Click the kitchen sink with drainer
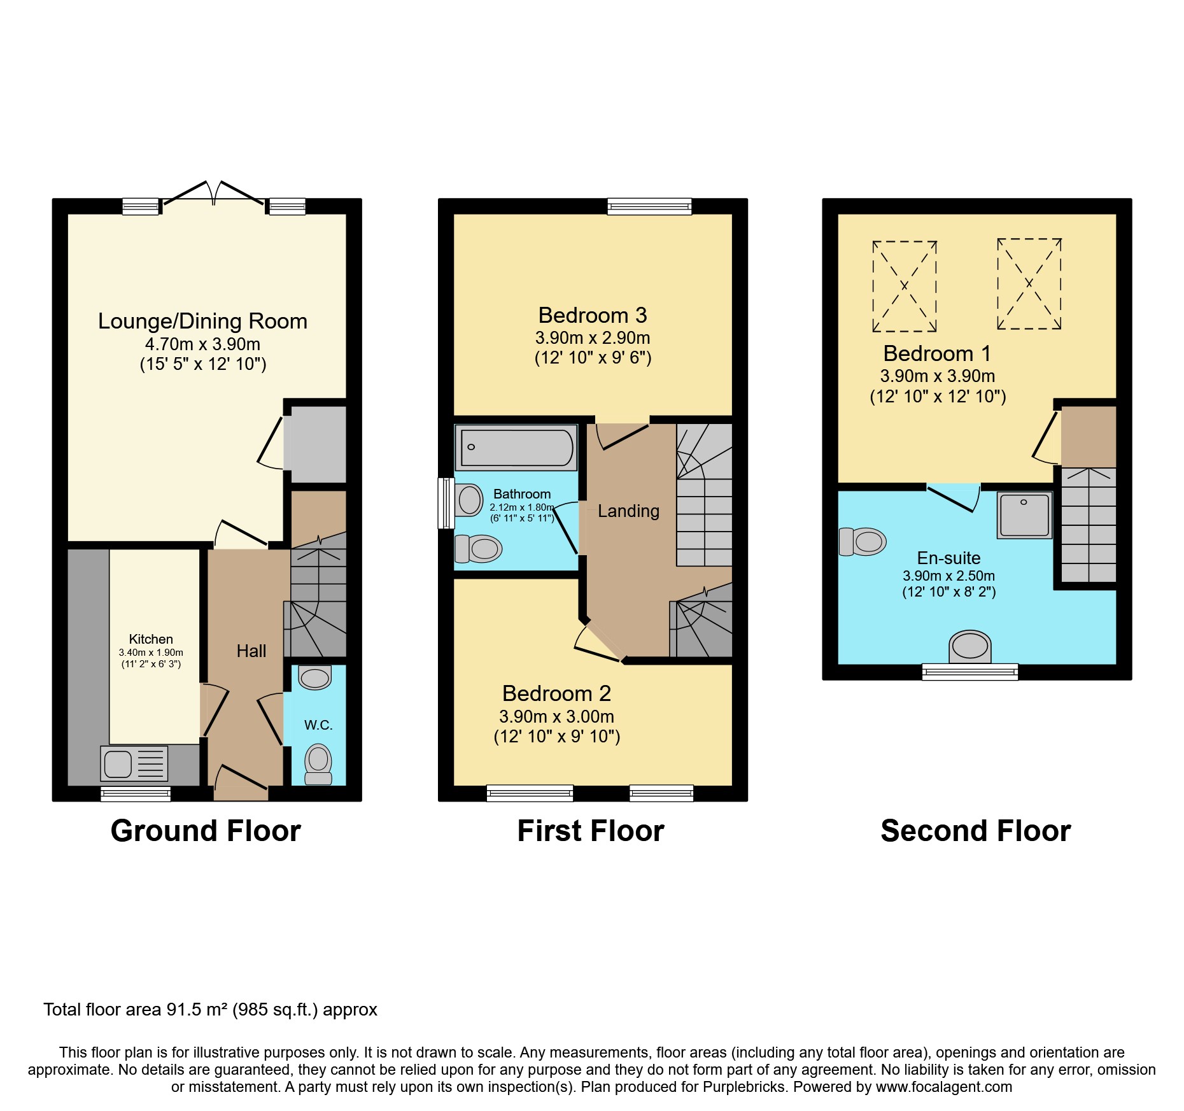(134, 763)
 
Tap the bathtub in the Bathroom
(516, 448)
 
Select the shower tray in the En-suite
(1024, 515)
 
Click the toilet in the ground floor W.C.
(318, 765)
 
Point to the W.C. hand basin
(314, 677)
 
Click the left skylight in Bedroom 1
(904, 287)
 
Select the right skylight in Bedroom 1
(1029, 284)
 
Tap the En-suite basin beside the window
(969, 646)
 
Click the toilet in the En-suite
(863, 542)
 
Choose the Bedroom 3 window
(649, 206)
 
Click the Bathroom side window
(446, 503)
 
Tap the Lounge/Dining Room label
(202, 321)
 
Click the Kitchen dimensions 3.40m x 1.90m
(151, 653)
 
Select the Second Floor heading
(975, 831)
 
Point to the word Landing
(628, 511)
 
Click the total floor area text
(210, 1010)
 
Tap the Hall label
(251, 651)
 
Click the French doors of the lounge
(213, 194)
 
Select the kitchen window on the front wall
(136, 793)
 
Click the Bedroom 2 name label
(556, 693)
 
